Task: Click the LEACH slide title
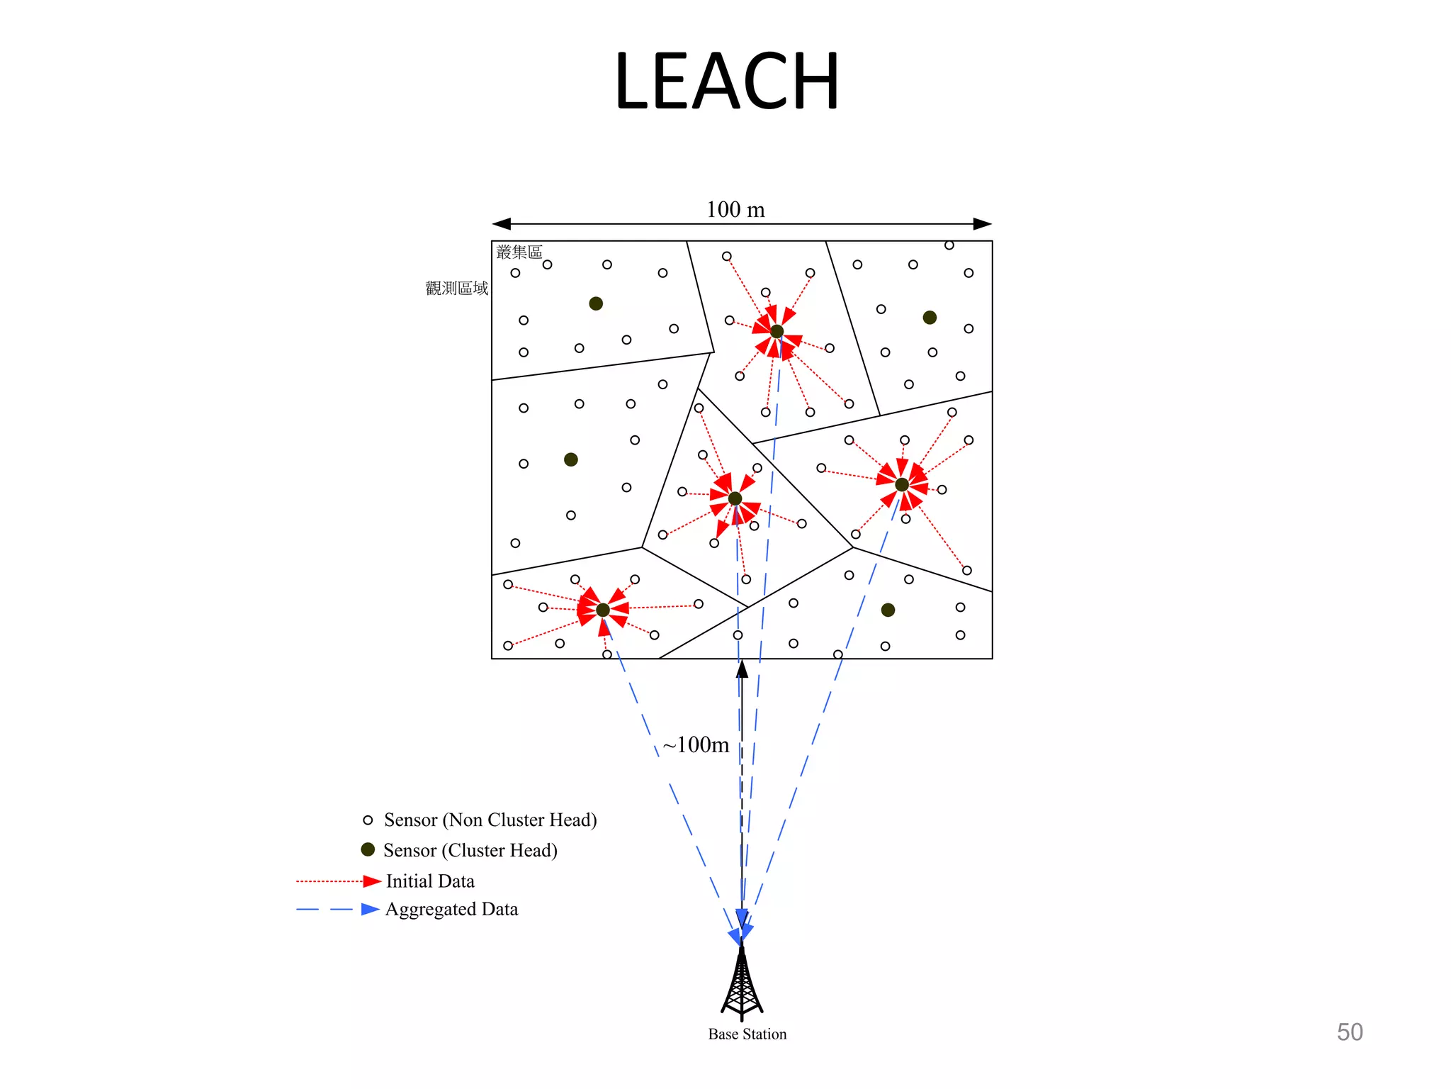(727, 82)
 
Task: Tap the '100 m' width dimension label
(735, 209)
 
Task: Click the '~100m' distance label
(696, 744)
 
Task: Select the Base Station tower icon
(742, 983)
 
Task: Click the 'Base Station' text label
(747, 1034)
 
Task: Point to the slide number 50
(1349, 1032)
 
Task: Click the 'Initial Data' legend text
(430, 881)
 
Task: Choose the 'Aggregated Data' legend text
(451, 910)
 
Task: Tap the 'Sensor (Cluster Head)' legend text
(470, 850)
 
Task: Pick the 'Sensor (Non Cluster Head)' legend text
(490, 820)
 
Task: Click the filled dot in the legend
(368, 849)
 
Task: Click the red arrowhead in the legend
(372, 881)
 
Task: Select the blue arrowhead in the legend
(370, 910)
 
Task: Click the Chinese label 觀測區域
(457, 288)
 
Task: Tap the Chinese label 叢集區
(519, 252)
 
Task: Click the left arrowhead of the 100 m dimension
(502, 224)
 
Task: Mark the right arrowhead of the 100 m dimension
(983, 224)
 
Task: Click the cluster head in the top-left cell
(596, 303)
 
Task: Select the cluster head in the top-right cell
(930, 318)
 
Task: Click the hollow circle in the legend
(368, 820)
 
